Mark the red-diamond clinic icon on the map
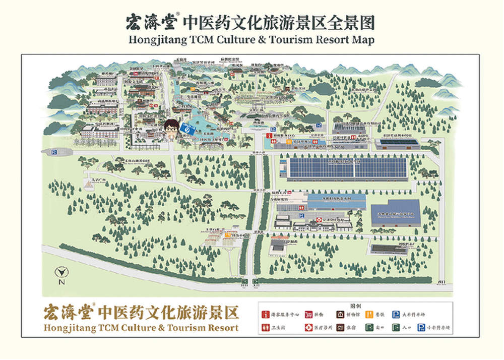point(319,220)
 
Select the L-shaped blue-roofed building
point(395,212)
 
